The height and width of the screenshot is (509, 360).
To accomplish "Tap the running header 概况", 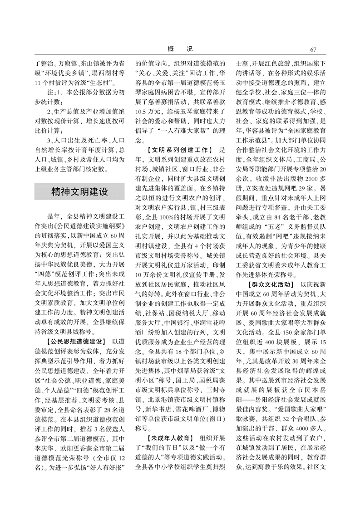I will (180, 49).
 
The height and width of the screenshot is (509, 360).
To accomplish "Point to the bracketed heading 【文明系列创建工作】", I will (180, 149).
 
